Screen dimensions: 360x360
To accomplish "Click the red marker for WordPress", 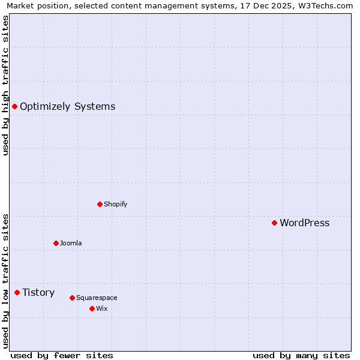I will [x=274, y=223].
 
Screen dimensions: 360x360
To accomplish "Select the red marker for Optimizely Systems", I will [x=14, y=106].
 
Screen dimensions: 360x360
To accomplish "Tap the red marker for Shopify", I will [x=100, y=204].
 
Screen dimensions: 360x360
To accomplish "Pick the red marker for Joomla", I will [x=56, y=243].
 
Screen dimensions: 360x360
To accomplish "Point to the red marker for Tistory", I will [x=17, y=292].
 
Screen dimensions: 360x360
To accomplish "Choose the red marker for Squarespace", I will [x=72, y=298].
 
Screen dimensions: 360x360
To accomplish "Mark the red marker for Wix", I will [x=92, y=308].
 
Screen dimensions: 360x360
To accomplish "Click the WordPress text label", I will [x=304, y=223].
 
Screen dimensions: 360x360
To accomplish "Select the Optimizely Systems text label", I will [x=67, y=107].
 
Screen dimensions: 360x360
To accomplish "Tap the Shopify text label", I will [x=115, y=204].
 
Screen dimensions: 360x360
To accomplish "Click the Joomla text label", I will [x=71, y=243].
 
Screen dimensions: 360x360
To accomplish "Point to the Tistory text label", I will [x=38, y=293].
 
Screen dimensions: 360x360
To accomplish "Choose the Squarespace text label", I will [x=97, y=298].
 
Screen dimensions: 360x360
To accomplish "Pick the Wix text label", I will [x=101, y=308].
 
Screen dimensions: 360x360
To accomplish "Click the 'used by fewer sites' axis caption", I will [x=62, y=355].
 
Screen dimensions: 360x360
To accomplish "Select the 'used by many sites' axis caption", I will [x=301, y=355].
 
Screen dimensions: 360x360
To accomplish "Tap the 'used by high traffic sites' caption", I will [x=6, y=86].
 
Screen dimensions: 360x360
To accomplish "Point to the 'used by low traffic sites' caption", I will [x=6, y=280].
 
